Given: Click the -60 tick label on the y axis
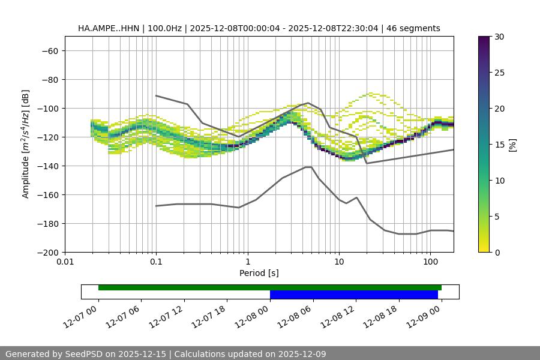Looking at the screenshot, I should (49, 50).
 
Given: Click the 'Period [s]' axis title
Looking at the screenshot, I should (259, 273).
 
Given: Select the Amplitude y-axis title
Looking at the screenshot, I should (26, 144).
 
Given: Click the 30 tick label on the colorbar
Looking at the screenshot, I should (499, 37).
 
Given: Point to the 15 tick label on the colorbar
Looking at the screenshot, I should (499, 145).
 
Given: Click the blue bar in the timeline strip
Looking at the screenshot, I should (353, 295).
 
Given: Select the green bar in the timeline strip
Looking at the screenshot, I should (269, 287).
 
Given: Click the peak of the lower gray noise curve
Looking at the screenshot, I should (308, 167).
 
